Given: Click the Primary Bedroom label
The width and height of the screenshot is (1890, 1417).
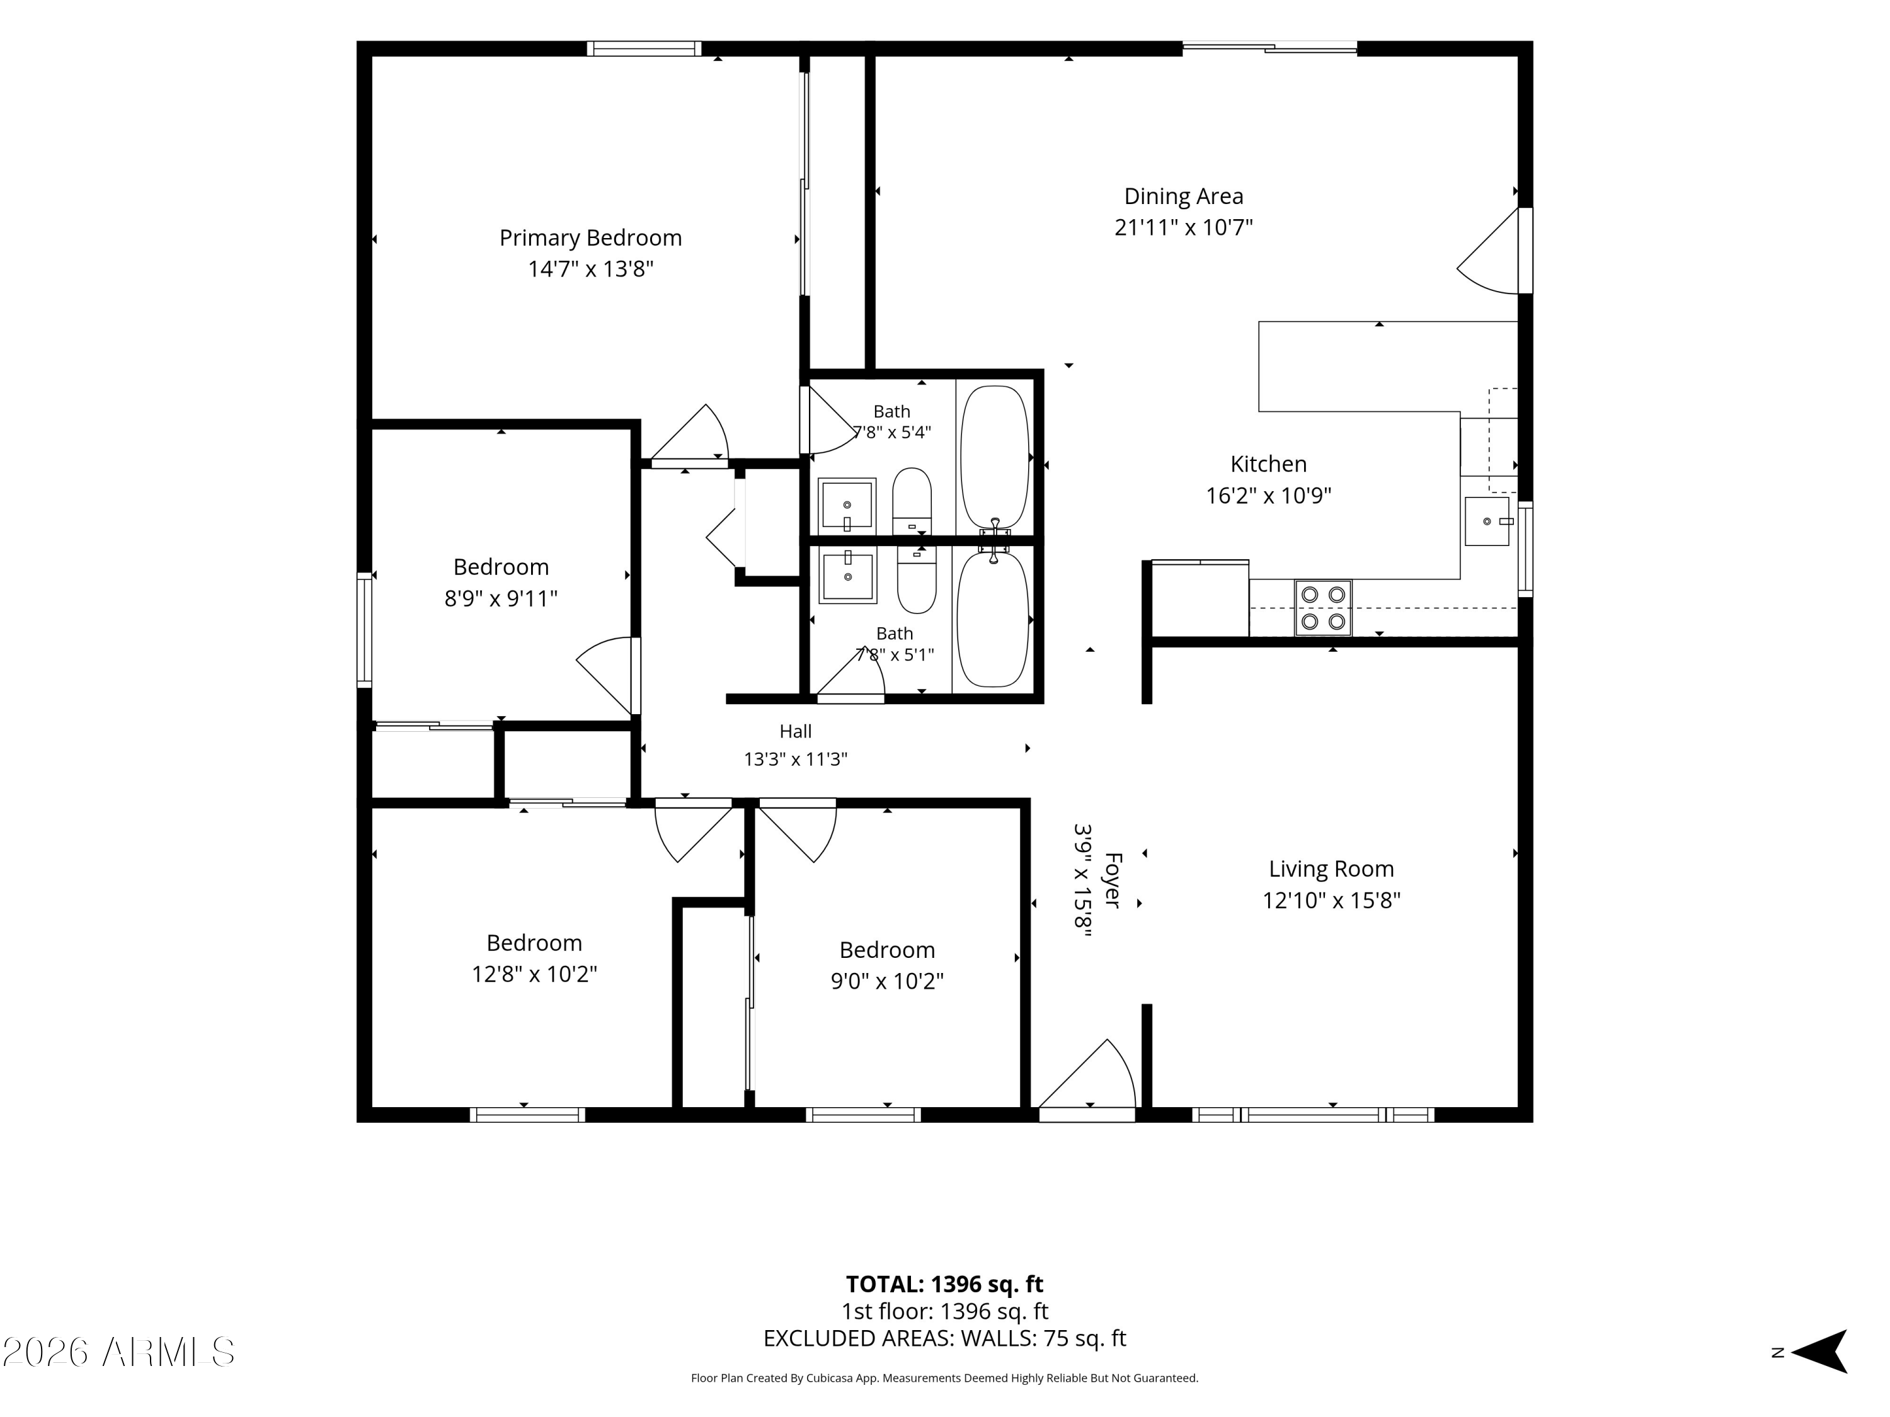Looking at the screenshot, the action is click(590, 238).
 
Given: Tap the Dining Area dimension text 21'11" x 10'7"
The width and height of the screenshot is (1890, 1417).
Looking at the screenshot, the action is click(1183, 227).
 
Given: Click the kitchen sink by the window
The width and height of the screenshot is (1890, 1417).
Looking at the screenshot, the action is click(1487, 521).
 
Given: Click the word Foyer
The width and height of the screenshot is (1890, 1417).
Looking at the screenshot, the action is click(1111, 880).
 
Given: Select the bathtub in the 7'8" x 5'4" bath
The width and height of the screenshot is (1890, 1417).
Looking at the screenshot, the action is click(995, 457).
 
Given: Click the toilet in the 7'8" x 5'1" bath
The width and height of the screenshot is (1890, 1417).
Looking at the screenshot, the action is click(917, 580).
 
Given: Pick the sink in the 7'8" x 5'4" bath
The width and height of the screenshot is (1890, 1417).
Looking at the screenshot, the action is click(847, 506).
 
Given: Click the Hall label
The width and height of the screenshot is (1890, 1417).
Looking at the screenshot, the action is click(796, 731).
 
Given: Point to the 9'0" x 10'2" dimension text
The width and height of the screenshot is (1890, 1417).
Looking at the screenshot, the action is click(887, 981).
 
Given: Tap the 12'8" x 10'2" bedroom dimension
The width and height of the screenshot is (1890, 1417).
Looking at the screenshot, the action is click(534, 974).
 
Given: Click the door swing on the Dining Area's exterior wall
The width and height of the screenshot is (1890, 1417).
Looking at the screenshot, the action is click(1489, 251).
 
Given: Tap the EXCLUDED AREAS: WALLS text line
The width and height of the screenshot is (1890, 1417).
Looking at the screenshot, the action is click(944, 1338).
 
